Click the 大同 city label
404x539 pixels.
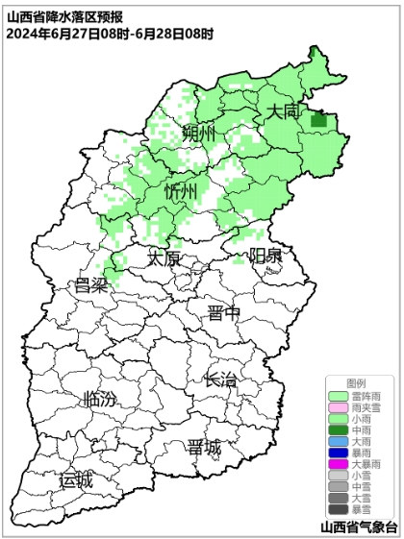coord(284,111)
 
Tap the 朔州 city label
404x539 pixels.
coord(200,133)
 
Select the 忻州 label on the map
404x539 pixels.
coord(181,192)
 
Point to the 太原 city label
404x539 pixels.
coord(164,258)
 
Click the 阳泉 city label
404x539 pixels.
coord(265,256)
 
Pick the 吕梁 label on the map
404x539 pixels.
coord(91,285)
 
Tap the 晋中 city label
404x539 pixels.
coord(224,312)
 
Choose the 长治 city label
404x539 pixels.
coord(220,380)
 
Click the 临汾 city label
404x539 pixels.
coord(100,399)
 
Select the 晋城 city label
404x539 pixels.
coord(204,448)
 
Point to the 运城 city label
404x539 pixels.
coord(77,479)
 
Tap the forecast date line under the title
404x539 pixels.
coord(110,35)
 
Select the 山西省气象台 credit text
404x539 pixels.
coord(359,527)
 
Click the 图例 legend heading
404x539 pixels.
coord(357,383)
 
